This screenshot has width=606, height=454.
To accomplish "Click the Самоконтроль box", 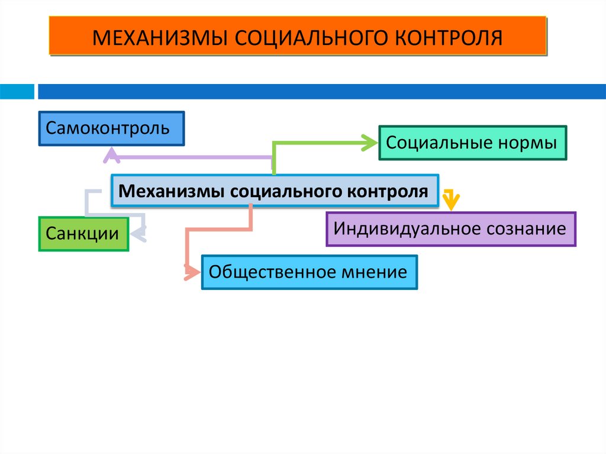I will coord(111,128).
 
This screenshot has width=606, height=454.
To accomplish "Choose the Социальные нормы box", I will coord(472,143).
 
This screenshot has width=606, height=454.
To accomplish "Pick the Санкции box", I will coord(83,233).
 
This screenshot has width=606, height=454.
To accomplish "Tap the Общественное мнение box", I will coord(309,272).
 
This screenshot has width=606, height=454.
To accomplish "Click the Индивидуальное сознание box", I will coord(450,229).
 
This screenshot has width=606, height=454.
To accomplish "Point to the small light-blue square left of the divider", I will coord(17,92).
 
